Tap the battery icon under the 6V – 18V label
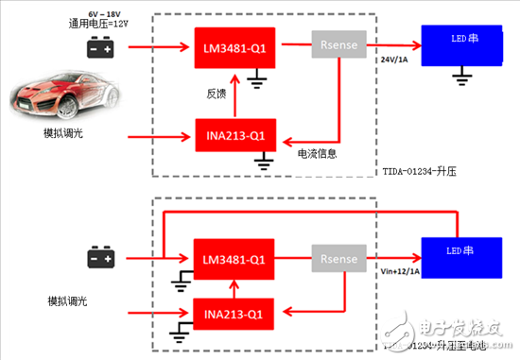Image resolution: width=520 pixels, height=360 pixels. (x=99, y=46)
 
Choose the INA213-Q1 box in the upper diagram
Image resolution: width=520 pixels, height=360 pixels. (x=228, y=135)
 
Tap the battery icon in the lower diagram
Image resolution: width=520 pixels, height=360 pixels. (x=100, y=256)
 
